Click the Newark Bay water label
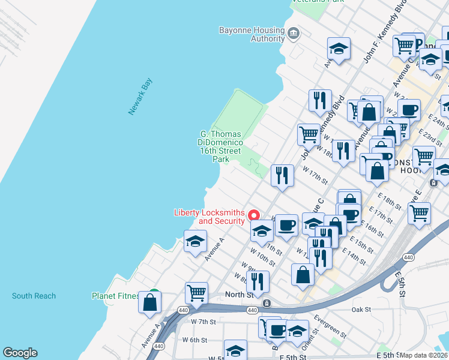(141, 96)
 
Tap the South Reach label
(34, 296)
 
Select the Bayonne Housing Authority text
(252, 34)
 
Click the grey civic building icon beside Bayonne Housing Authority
(294, 32)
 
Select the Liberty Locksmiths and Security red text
(209, 217)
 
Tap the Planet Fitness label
(115, 296)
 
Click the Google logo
(20, 353)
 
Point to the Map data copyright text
(424, 355)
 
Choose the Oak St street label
(361, 310)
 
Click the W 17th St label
(316, 176)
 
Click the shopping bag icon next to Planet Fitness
(149, 302)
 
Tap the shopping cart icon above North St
(196, 293)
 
